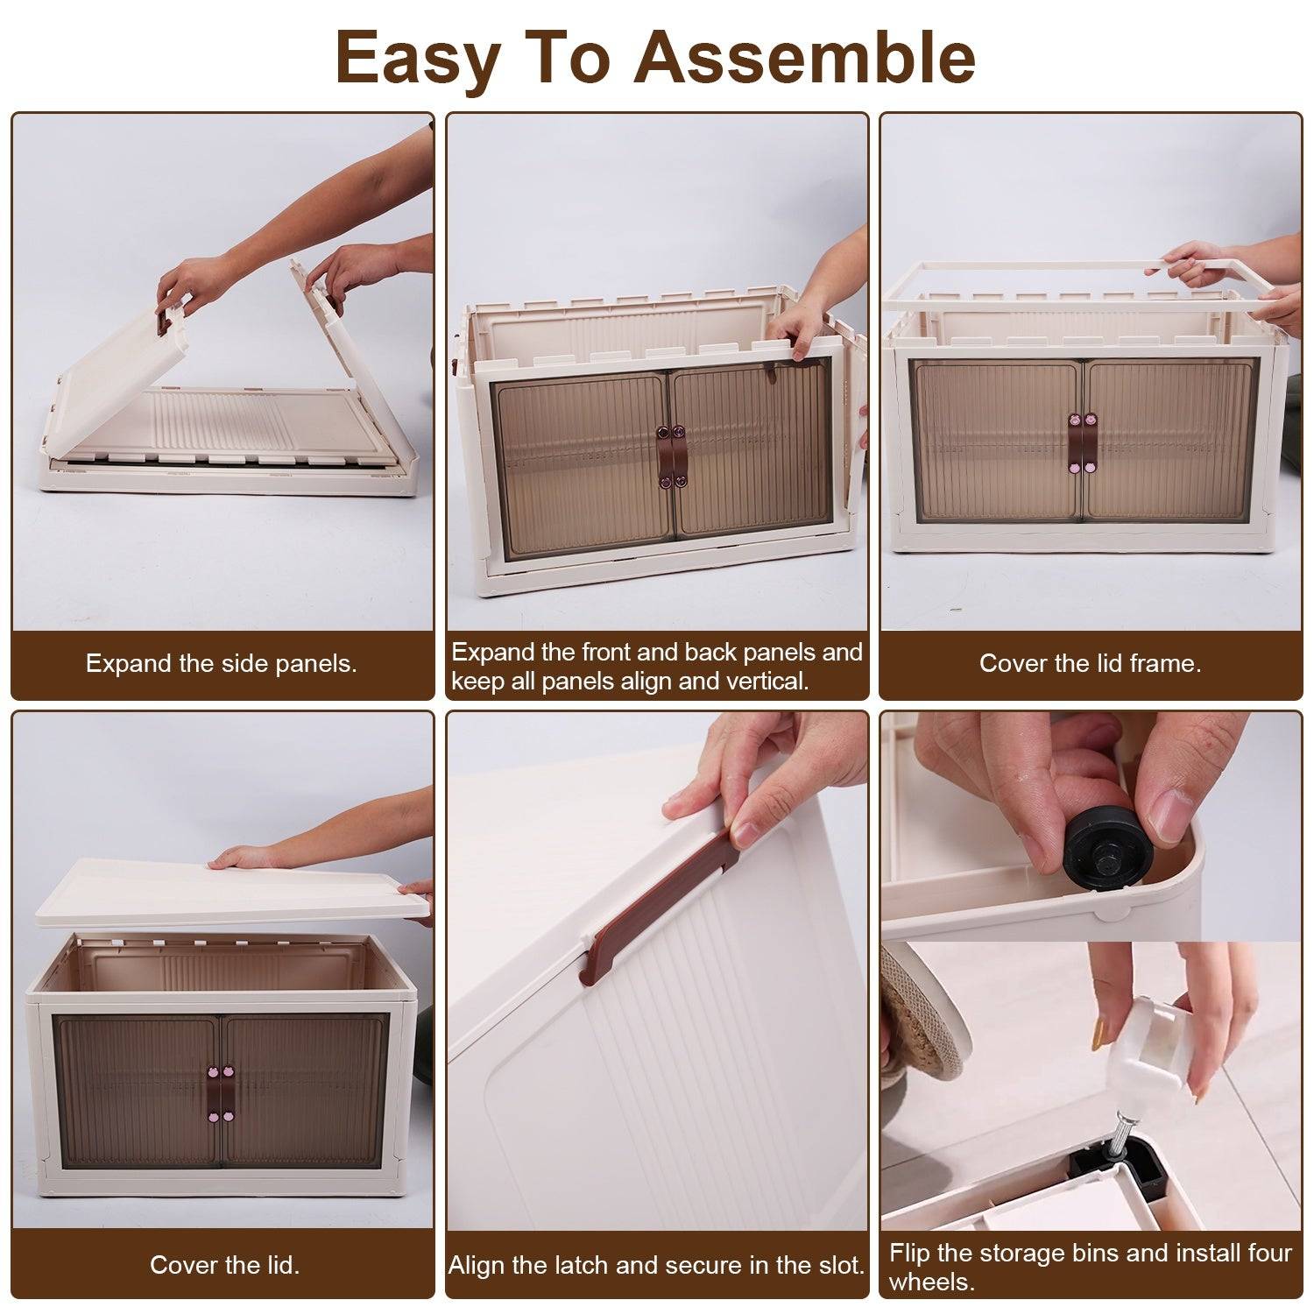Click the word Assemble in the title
click(x=805, y=57)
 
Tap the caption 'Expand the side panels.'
click(x=222, y=663)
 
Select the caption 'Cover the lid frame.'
click(x=1090, y=663)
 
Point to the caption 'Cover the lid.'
click(x=224, y=1265)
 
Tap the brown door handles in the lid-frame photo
click(x=1082, y=442)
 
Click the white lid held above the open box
click(x=232, y=889)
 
